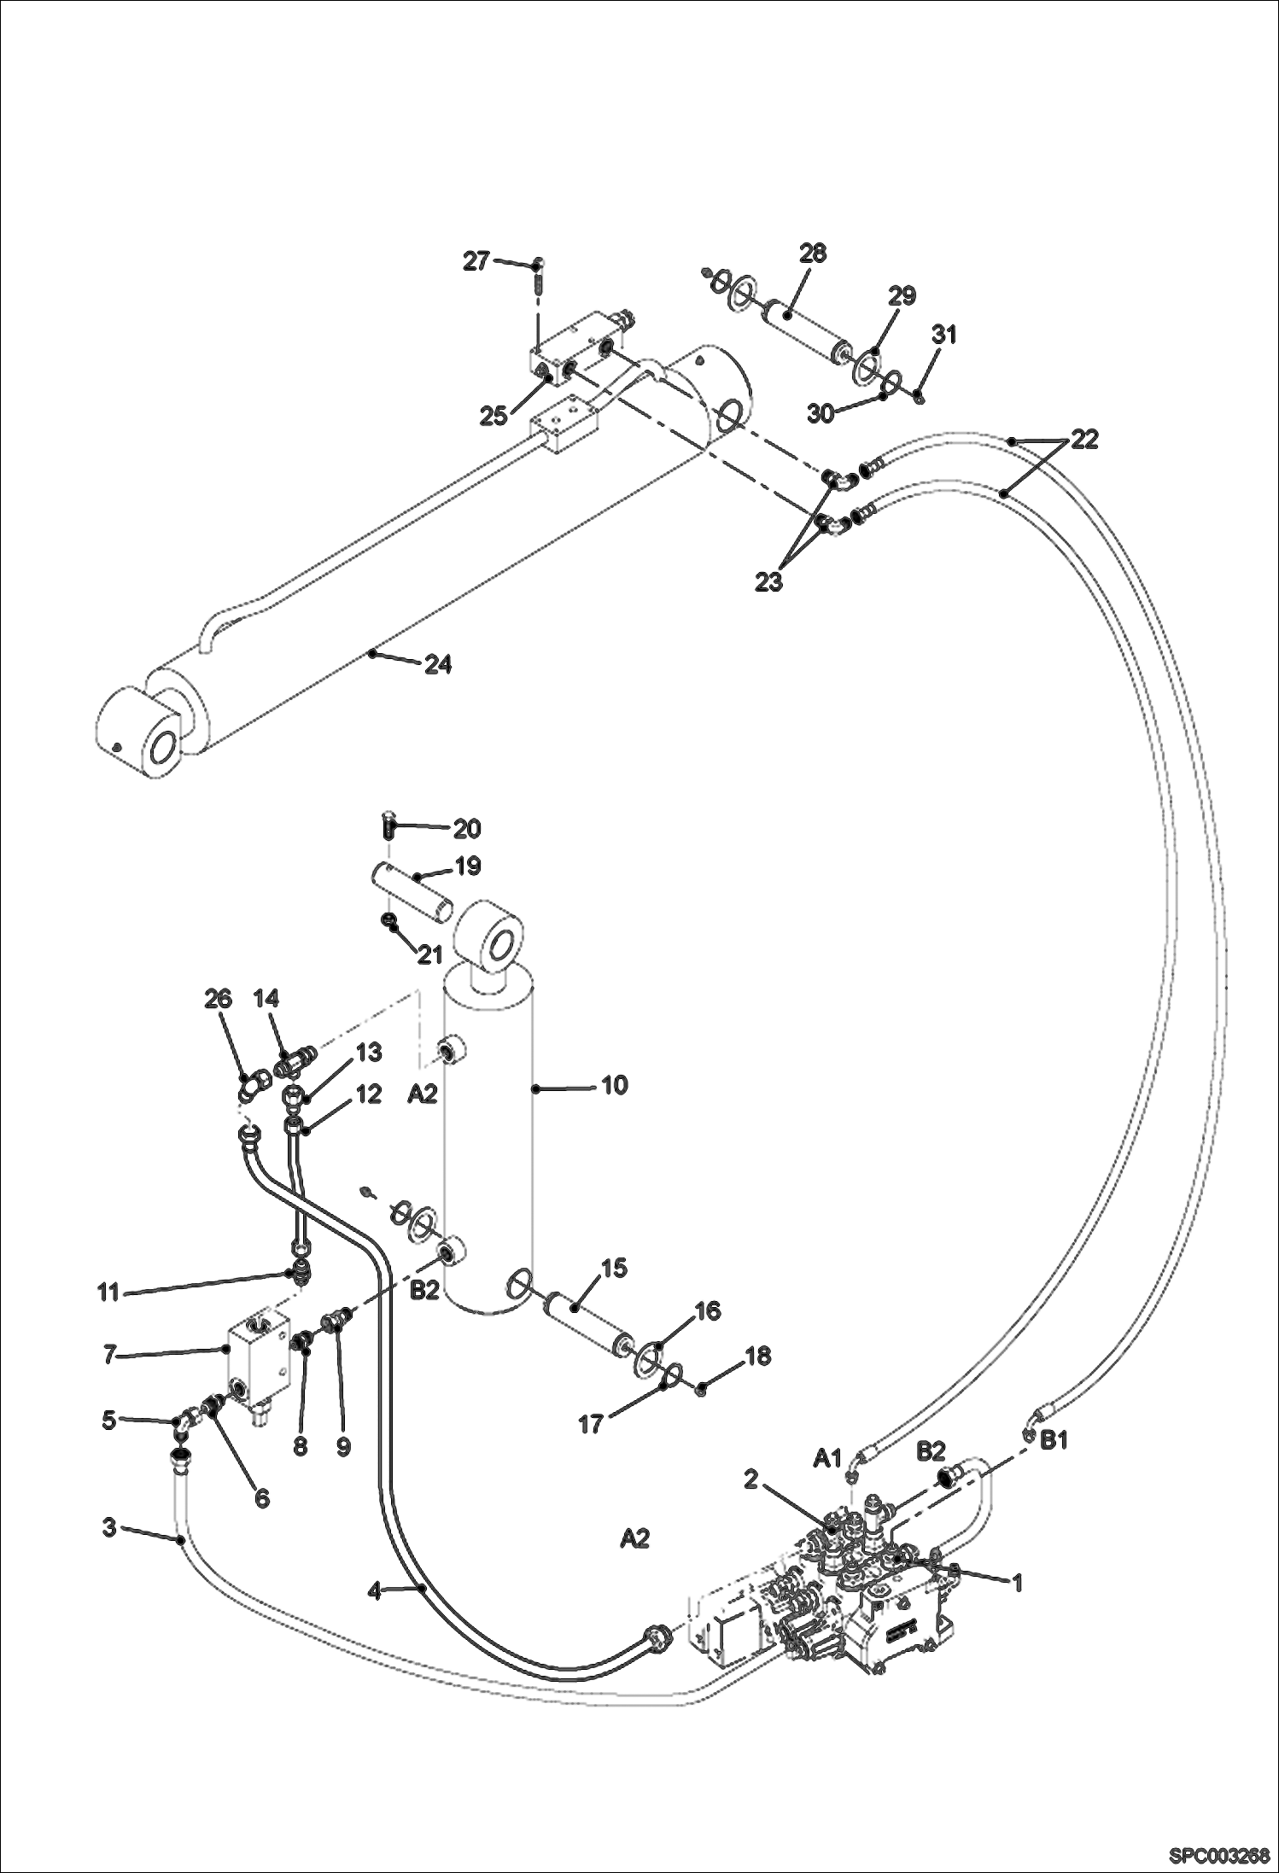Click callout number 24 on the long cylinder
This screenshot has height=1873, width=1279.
click(x=438, y=664)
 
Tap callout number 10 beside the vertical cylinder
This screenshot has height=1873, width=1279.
click(x=614, y=1085)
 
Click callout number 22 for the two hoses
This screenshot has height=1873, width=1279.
click(x=1083, y=440)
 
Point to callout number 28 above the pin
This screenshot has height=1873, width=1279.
click(x=812, y=253)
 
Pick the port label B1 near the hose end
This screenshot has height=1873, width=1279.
click(x=1054, y=1440)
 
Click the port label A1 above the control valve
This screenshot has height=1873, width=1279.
click(x=826, y=1458)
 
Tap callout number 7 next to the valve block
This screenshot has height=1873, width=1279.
click(x=108, y=1355)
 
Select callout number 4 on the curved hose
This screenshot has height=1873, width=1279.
click(x=374, y=1590)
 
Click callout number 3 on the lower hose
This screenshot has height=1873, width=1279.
click(x=108, y=1526)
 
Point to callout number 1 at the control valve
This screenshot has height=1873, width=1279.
click(x=1016, y=1583)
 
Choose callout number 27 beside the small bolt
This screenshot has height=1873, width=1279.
click(x=476, y=261)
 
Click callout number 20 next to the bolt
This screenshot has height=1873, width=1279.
click(x=466, y=828)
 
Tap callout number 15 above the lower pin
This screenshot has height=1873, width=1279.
click(x=614, y=1268)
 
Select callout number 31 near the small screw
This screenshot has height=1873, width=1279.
click(x=943, y=335)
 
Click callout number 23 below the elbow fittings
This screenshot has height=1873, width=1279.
click(x=768, y=582)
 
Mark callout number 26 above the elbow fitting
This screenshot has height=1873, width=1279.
click(x=219, y=999)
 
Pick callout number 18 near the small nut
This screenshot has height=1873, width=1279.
click(x=758, y=1356)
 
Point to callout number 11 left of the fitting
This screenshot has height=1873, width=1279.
click(x=108, y=1292)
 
